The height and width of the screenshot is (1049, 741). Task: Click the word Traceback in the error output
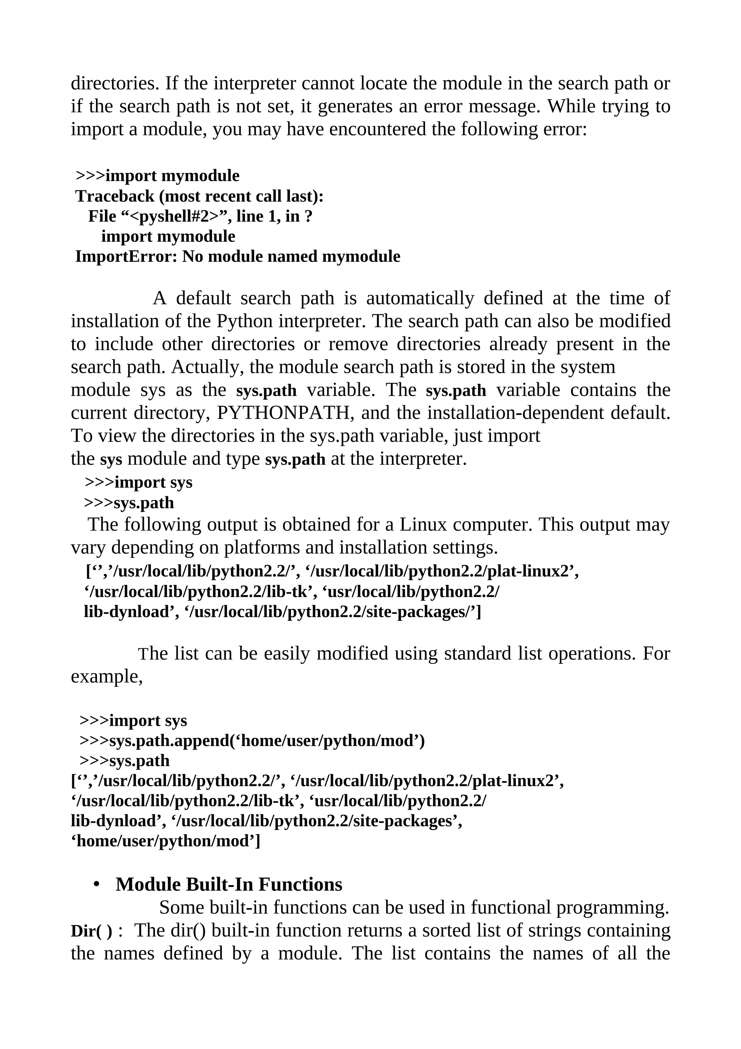(x=115, y=197)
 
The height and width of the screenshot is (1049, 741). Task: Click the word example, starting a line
(x=106, y=676)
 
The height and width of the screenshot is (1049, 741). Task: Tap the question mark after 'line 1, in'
(x=308, y=216)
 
